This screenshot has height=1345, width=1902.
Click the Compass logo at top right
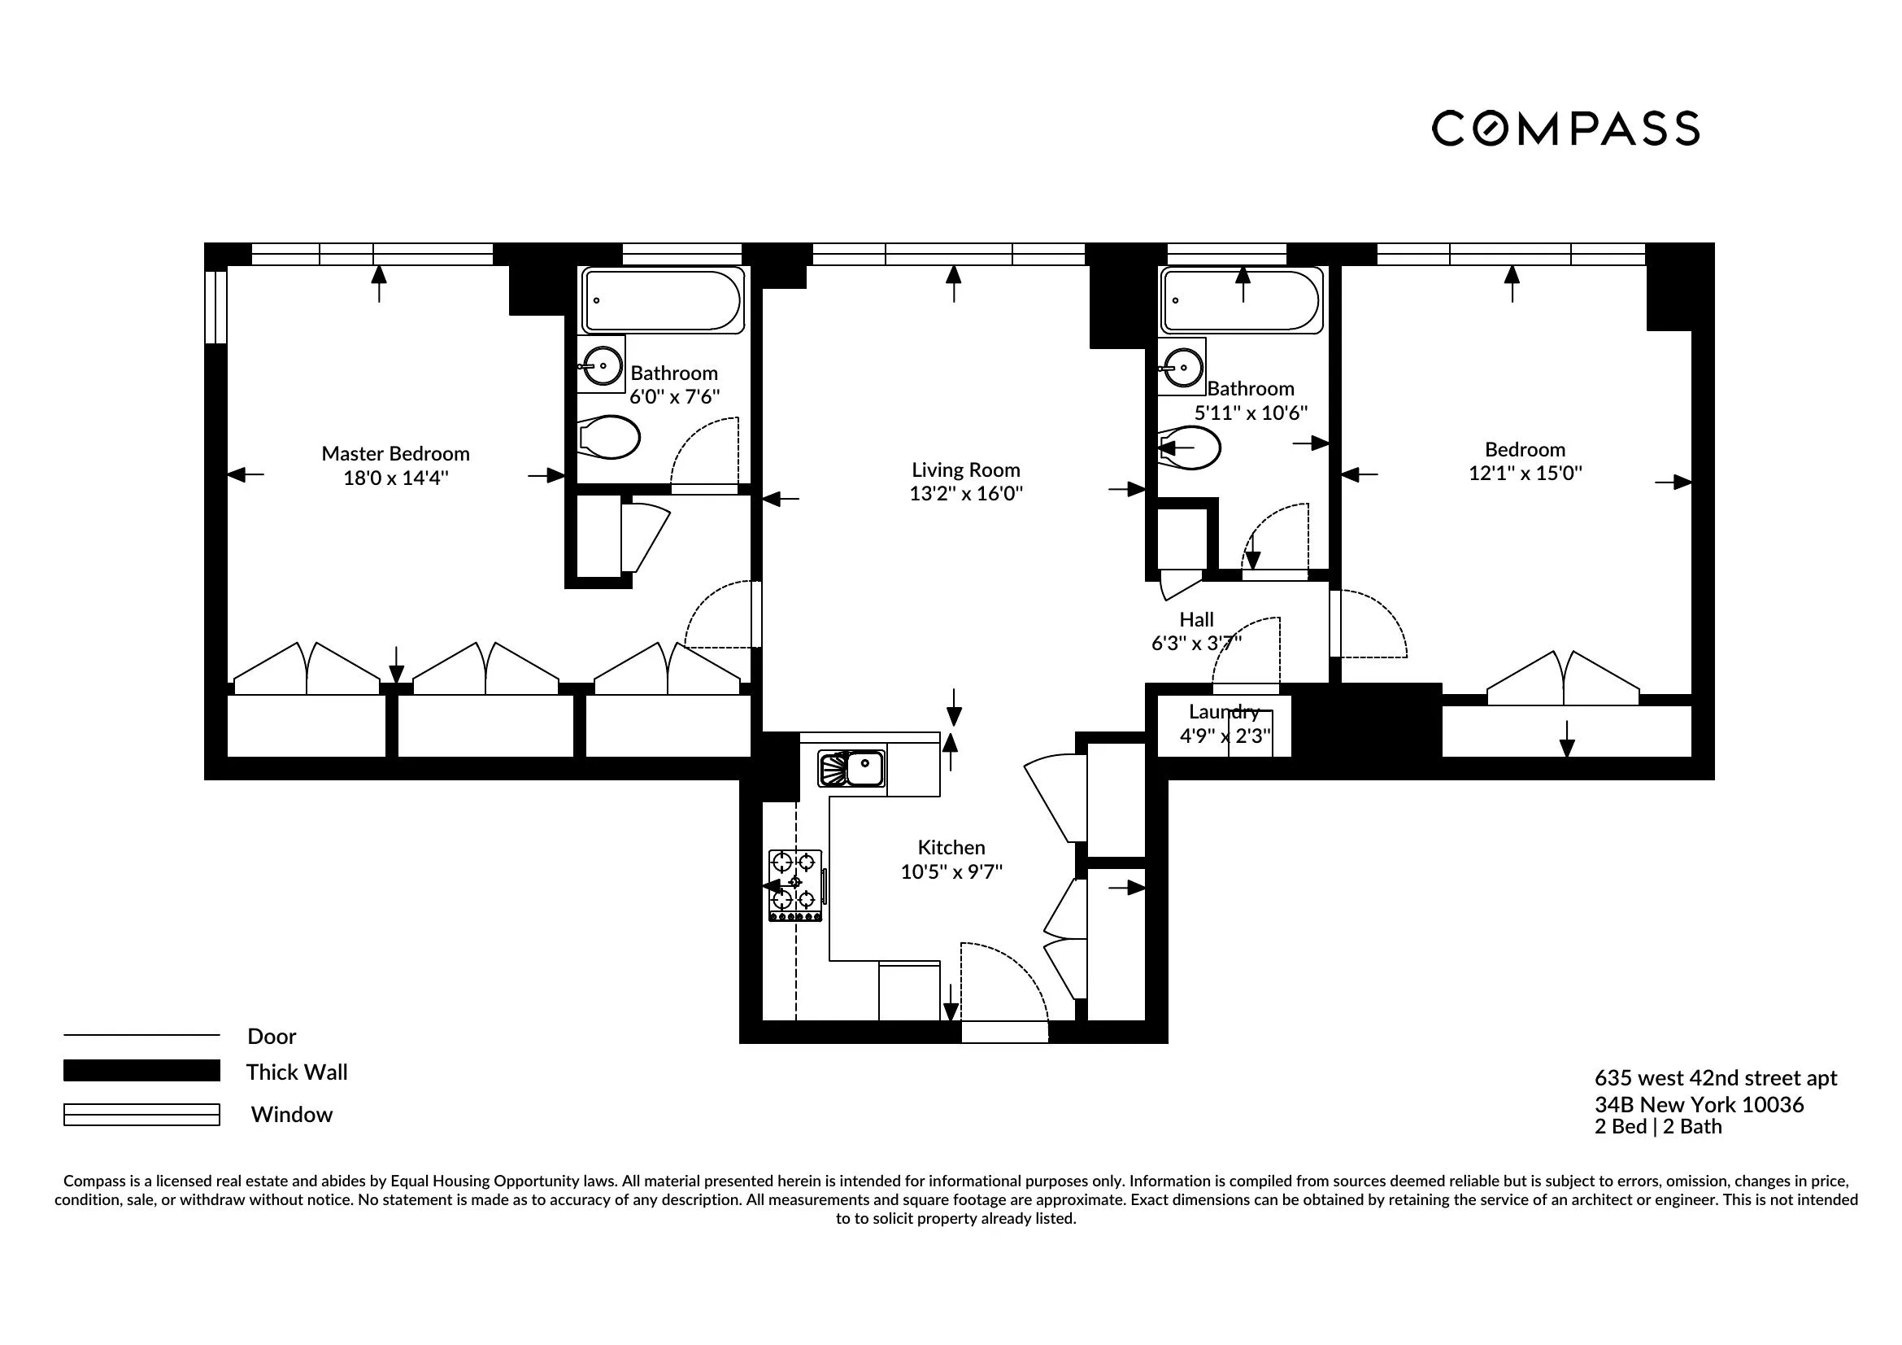coord(1565,129)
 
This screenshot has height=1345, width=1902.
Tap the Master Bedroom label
coord(395,453)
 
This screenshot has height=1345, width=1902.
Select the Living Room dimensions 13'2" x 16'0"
coord(966,494)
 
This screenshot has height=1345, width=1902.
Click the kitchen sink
coord(852,768)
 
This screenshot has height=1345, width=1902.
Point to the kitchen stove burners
coord(794,884)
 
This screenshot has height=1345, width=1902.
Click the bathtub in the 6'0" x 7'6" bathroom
coord(662,300)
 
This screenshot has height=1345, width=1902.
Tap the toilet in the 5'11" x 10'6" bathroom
coord(1190,449)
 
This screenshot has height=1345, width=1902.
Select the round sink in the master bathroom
coord(603,365)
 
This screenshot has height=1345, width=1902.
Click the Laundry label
coord(1224,712)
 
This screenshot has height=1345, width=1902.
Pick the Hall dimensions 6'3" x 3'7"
coord(1196,644)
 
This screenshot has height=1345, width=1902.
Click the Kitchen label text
coord(951,848)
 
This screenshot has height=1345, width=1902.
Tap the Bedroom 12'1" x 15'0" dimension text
coord(1525,474)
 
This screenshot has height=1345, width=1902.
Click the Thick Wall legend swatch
coord(141,1071)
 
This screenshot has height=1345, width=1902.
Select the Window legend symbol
coord(141,1115)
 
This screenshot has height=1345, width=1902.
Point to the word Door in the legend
coord(272,1036)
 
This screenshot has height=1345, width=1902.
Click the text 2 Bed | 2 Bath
coord(1657,1127)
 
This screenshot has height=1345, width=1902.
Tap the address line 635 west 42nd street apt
coord(1716,1078)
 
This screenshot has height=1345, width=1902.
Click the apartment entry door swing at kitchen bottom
coord(1005,986)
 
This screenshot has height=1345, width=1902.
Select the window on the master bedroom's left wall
coord(215,306)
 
